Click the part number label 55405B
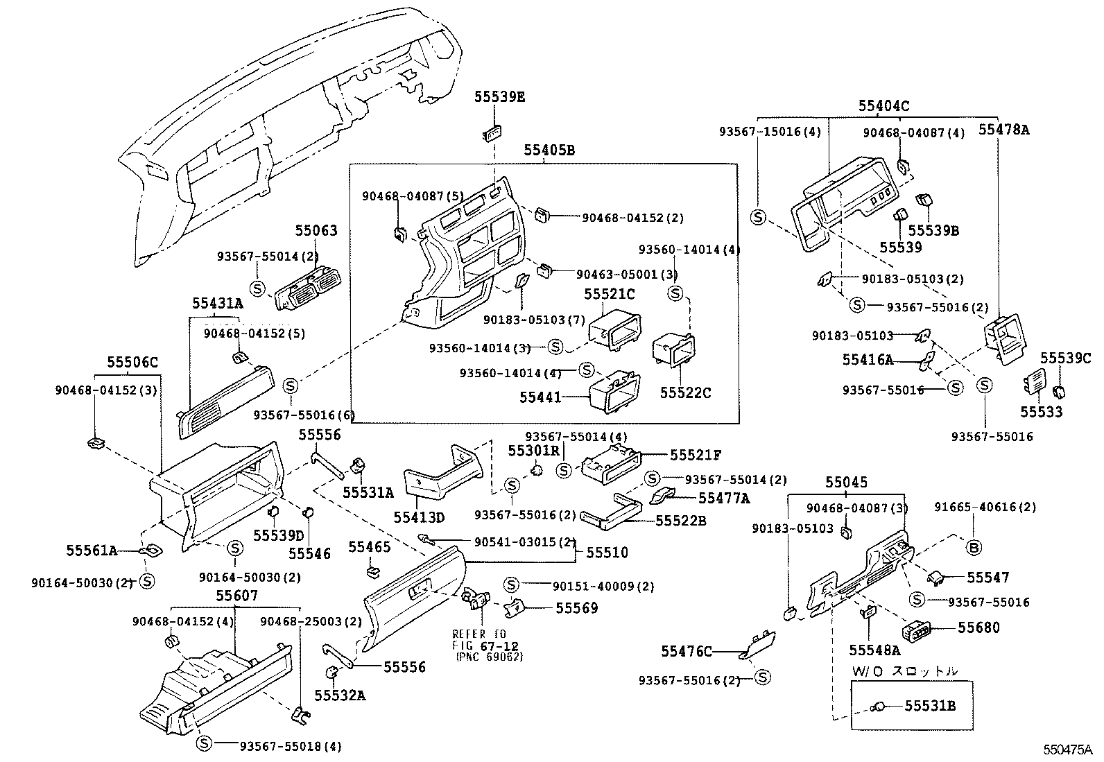coord(549,150)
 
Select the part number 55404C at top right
coord(883,106)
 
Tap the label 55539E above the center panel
coord(499,97)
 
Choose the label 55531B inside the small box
coord(930,706)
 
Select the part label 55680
coord(979,627)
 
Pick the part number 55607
coord(236,596)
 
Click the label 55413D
coord(419,517)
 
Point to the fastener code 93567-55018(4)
coord(291,746)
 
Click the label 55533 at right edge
coord(1041,412)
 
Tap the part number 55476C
coord(687,652)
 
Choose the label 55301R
coord(533,451)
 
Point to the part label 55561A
coord(92,551)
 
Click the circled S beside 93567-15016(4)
coord(759,217)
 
